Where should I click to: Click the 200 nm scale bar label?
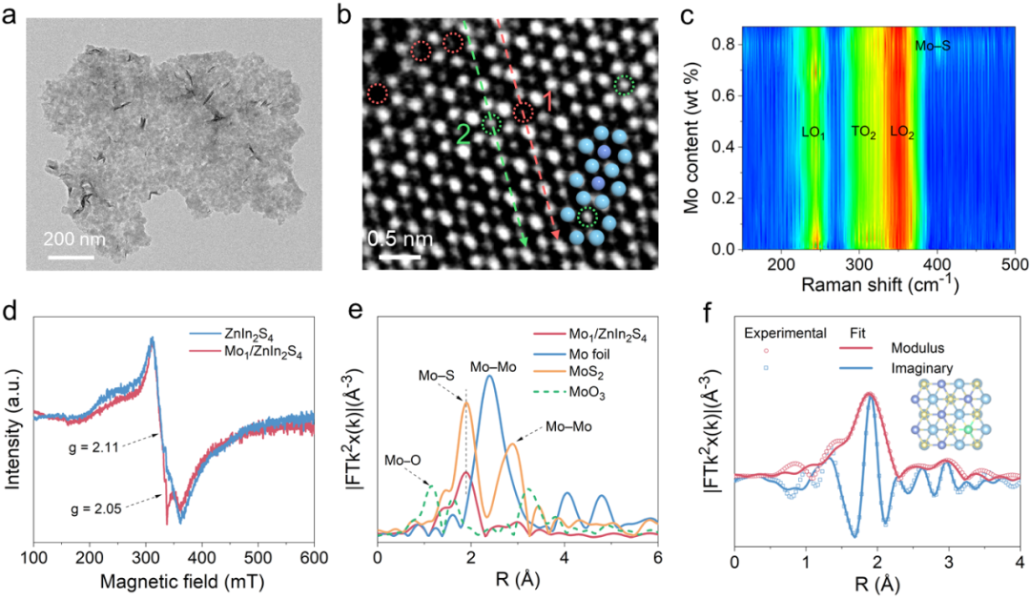point(74,238)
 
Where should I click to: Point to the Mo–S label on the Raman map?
point(932,45)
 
